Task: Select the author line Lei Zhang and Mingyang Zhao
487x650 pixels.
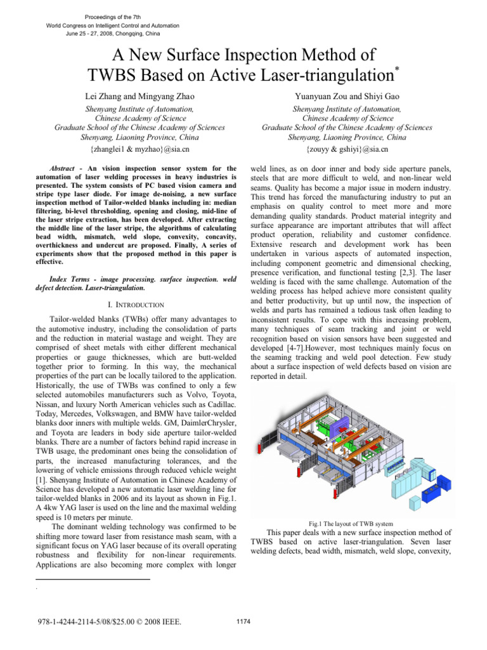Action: click(140, 96)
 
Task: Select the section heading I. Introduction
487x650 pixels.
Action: click(137, 305)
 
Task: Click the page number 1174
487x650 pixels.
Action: click(243, 621)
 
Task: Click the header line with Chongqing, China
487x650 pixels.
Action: click(113, 34)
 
